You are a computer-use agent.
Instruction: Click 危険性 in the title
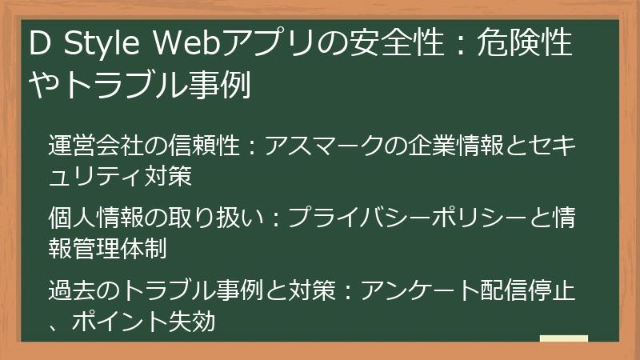pyautogui.click(x=527, y=44)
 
